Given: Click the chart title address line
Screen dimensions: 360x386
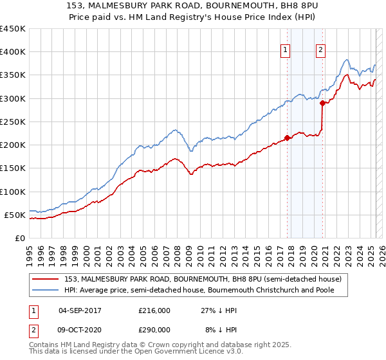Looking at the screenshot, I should pyautogui.click(x=192, y=7).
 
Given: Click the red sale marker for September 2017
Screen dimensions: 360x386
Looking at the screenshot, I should pyautogui.click(x=287, y=137).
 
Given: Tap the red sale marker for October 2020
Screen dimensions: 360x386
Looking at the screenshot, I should pyautogui.click(x=322, y=103).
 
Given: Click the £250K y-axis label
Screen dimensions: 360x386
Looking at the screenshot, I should pyautogui.click(x=13, y=122).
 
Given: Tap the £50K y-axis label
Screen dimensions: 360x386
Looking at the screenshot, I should pyautogui.click(x=15, y=215).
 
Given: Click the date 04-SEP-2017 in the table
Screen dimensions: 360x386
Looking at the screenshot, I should pyautogui.click(x=80, y=310).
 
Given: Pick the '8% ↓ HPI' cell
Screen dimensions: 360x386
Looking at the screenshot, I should pyautogui.click(x=221, y=329).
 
